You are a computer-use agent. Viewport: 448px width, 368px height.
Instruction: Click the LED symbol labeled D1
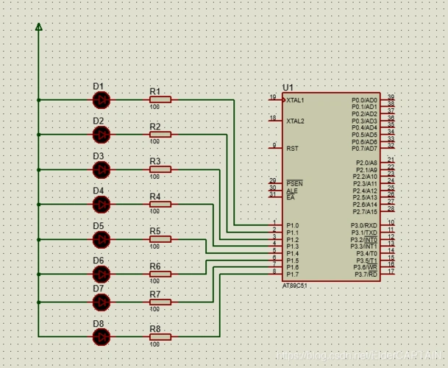pos(102,99)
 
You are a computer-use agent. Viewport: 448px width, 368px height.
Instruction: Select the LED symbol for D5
pos(102,239)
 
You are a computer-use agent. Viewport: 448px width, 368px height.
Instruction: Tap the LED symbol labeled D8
pos(102,336)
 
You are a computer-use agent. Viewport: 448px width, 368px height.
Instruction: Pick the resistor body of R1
pos(160,99)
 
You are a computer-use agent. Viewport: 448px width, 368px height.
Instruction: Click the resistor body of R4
pos(160,204)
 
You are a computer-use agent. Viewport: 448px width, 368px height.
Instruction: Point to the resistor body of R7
pos(160,302)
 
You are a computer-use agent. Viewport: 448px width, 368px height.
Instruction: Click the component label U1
pos(288,88)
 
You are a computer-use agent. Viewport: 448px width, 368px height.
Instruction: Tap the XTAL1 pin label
pos(295,100)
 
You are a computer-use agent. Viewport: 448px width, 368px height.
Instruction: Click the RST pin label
pos(292,148)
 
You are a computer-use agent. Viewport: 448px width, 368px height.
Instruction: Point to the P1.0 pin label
pos(293,225)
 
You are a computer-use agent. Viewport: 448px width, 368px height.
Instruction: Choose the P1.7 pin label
pos(293,275)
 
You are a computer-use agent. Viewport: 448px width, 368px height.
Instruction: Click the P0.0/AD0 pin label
pos(364,100)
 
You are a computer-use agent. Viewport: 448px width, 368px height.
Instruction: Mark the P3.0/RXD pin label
pos(364,225)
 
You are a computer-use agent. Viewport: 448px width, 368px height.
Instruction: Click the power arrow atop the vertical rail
pos(39,27)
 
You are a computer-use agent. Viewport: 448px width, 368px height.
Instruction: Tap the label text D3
pos(98,156)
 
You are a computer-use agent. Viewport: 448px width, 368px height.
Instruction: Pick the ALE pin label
pos(292,190)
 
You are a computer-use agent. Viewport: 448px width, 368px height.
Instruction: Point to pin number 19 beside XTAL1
pos(273,96)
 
